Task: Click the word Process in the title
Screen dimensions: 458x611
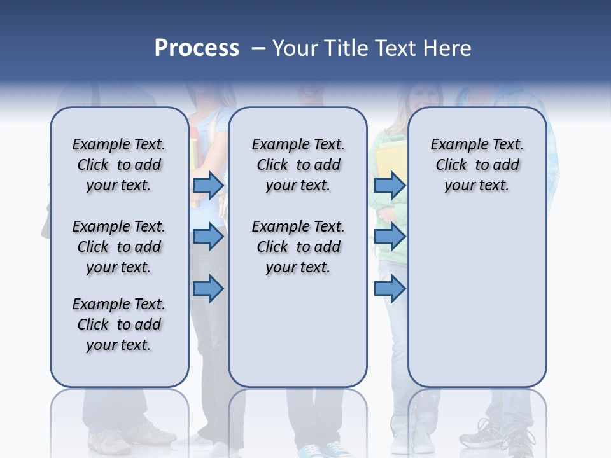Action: (197, 48)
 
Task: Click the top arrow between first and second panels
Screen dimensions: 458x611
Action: (208, 185)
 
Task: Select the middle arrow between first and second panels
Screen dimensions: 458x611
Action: (208, 237)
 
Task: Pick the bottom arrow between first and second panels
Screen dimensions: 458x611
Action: (208, 289)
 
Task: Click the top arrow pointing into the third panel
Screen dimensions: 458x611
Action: (390, 185)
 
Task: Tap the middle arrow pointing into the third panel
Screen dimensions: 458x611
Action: (390, 237)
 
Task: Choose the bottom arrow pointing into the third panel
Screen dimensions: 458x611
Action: (390, 289)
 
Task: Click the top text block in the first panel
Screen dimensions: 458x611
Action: (119, 165)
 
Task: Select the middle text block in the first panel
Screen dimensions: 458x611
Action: (119, 247)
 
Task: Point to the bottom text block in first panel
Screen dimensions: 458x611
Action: (119, 324)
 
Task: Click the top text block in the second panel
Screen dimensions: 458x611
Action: (298, 165)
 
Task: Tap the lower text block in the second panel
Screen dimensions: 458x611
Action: (298, 247)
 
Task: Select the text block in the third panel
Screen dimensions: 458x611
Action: (477, 165)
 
